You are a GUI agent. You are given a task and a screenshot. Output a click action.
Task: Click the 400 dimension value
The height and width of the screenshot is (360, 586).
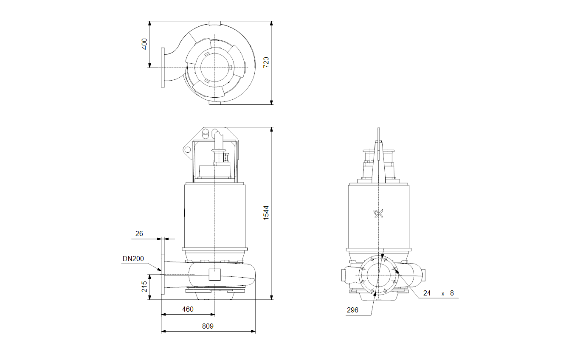(144, 44)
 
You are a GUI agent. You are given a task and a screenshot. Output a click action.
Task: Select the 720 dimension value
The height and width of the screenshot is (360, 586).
(266, 62)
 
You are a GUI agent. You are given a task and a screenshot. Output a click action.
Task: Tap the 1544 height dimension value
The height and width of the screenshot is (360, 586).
(266, 213)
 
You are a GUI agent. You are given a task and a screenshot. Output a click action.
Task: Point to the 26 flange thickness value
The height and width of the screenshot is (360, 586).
(139, 233)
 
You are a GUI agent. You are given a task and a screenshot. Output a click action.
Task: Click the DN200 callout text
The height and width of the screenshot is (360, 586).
(133, 259)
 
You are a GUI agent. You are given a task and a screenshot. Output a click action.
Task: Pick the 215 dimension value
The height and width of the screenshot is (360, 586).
(144, 287)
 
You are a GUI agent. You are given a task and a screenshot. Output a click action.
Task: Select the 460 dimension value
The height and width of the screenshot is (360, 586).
(188, 309)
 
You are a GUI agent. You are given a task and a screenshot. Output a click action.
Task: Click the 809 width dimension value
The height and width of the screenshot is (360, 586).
(208, 326)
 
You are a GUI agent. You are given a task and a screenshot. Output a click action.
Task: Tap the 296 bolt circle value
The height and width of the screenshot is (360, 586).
(352, 310)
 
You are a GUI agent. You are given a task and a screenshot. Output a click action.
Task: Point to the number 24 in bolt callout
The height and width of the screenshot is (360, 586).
(427, 293)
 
